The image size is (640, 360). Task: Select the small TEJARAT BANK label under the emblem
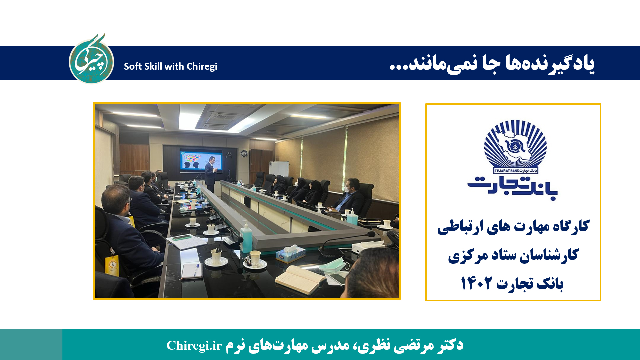coord(515,171)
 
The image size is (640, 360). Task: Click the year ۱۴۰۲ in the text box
coord(476,283)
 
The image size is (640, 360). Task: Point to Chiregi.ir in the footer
coord(194,345)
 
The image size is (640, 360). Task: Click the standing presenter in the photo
coord(210,173)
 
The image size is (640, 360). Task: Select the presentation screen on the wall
coord(201,161)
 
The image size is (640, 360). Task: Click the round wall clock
coord(244,153)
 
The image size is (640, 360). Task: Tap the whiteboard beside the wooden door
coord(279,168)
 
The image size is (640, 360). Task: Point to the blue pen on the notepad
coord(196,269)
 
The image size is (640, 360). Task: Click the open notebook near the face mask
coord(300,279)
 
